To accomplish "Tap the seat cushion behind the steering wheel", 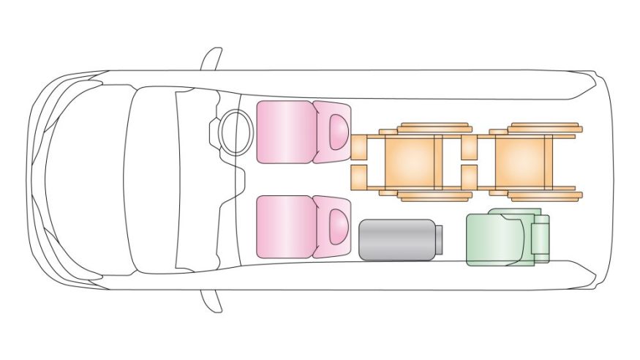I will coord(285,132).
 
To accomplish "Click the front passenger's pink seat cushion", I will coord(285,226).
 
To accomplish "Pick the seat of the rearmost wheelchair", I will coord(522,160).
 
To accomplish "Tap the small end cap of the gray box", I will coord(440,240).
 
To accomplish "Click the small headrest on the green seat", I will coord(540,237).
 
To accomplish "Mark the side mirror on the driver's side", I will coord(211,59).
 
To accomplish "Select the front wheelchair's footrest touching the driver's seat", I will coord(358,146).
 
